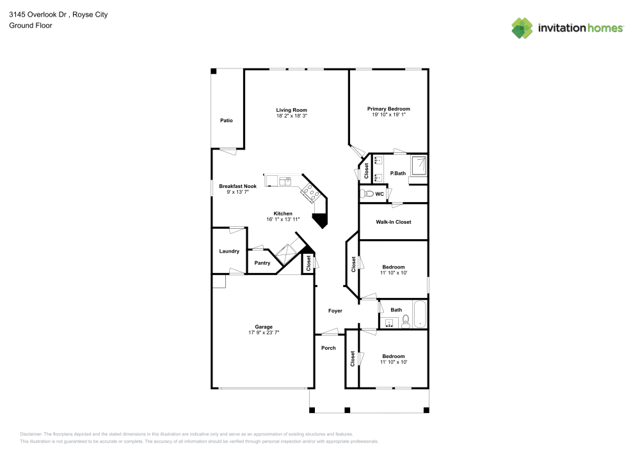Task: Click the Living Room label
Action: click(292, 109)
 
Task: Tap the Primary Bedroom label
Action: click(388, 109)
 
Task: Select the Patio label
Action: click(227, 120)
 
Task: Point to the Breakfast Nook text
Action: click(237, 186)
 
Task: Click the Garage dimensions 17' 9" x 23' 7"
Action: click(265, 332)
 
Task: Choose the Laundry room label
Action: click(228, 251)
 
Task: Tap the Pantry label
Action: click(262, 263)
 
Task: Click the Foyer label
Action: click(335, 311)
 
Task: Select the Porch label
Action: click(328, 348)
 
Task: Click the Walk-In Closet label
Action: click(394, 222)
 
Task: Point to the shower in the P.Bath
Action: click(419, 166)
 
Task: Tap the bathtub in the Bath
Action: click(420, 315)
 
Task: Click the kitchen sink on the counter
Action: click(284, 181)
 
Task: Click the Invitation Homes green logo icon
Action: click(522, 27)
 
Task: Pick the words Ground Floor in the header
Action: click(31, 26)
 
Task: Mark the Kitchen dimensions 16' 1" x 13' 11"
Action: click(283, 219)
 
